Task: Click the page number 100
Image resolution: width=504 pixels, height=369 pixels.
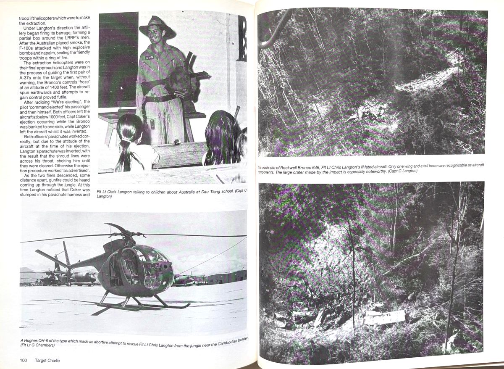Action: pyautogui.click(x=24, y=360)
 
